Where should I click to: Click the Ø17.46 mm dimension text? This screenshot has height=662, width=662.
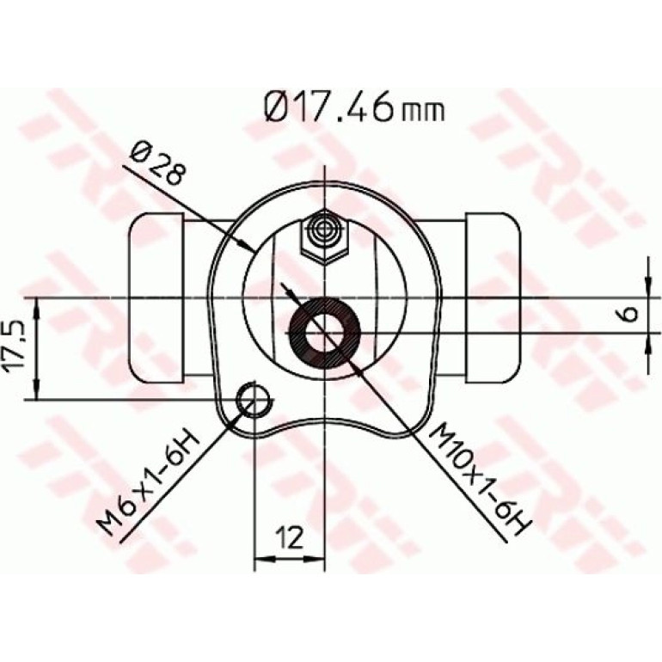click(x=354, y=108)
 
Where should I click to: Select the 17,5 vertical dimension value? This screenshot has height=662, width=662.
click(x=15, y=346)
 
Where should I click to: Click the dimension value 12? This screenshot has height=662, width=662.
click(x=289, y=537)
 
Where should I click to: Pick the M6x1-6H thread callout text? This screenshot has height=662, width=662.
click(x=147, y=482)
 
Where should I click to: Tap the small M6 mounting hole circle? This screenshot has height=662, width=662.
click(x=254, y=401)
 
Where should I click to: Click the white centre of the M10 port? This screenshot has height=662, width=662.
click(x=325, y=333)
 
